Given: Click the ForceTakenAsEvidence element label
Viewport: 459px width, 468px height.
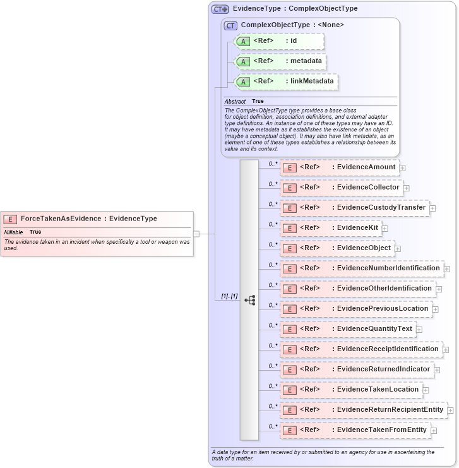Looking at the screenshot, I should tap(88, 219).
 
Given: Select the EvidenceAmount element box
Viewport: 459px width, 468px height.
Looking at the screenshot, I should tap(339, 167).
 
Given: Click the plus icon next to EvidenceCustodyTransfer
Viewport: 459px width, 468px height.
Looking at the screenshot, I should tap(433, 208).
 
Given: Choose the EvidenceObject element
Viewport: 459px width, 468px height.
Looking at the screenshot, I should tap(337, 248).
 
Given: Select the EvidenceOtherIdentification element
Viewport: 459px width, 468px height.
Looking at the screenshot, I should tap(357, 289).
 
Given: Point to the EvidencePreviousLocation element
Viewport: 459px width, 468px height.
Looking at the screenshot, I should tap(355, 309).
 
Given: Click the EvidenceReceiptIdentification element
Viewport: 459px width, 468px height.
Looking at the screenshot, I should tap(361, 349).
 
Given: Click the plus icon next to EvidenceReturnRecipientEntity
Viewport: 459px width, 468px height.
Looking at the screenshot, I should tap(450, 410).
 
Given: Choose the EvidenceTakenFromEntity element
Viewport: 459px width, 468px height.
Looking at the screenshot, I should tap(355, 430).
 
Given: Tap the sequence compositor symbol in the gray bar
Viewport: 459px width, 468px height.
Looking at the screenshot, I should tap(249, 299).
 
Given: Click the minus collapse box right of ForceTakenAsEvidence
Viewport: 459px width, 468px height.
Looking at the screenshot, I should tap(196, 233).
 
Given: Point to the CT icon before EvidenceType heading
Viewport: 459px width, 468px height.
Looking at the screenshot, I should tap(220, 9).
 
